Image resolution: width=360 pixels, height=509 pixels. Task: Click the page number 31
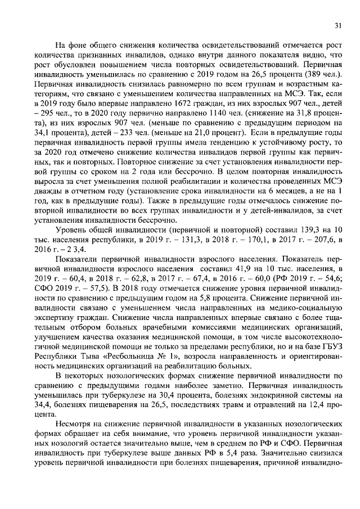[x=338, y=25]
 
